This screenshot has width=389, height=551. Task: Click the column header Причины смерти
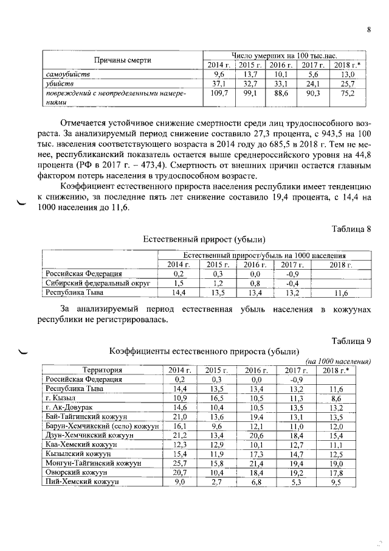click(122, 60)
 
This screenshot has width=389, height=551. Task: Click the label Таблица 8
click(351, 228)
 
